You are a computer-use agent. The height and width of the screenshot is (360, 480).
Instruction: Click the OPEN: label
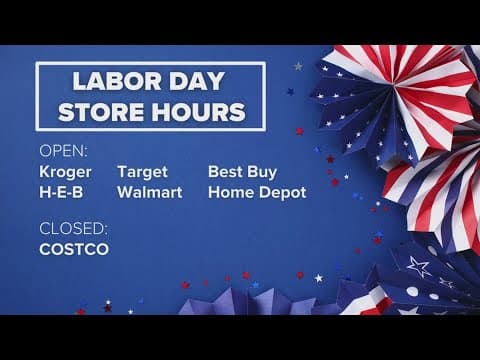pyautogui.click(x=63, y=152)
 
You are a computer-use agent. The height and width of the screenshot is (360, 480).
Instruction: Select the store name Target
pyautogui.click(x=144, y=172)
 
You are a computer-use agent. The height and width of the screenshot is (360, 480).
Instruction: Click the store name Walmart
pyautogui.click(x=150, y=192)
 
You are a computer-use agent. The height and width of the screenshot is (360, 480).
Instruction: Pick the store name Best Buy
pyautogui.click(x=242, y=172)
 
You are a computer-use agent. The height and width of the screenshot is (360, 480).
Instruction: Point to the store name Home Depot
pyautogui.click(x=257, y=192)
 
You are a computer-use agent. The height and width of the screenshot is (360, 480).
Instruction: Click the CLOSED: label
pyautogui.click(x=72, y=227)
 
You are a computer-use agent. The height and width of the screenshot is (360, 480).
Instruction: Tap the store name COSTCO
pyautogui.click(x=74, y=248)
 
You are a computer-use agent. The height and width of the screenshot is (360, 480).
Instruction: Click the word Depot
pyautogui.click(x=283, y=192)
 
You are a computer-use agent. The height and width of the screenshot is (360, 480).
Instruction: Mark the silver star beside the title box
pyautogui.click(x=297, y=66)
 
